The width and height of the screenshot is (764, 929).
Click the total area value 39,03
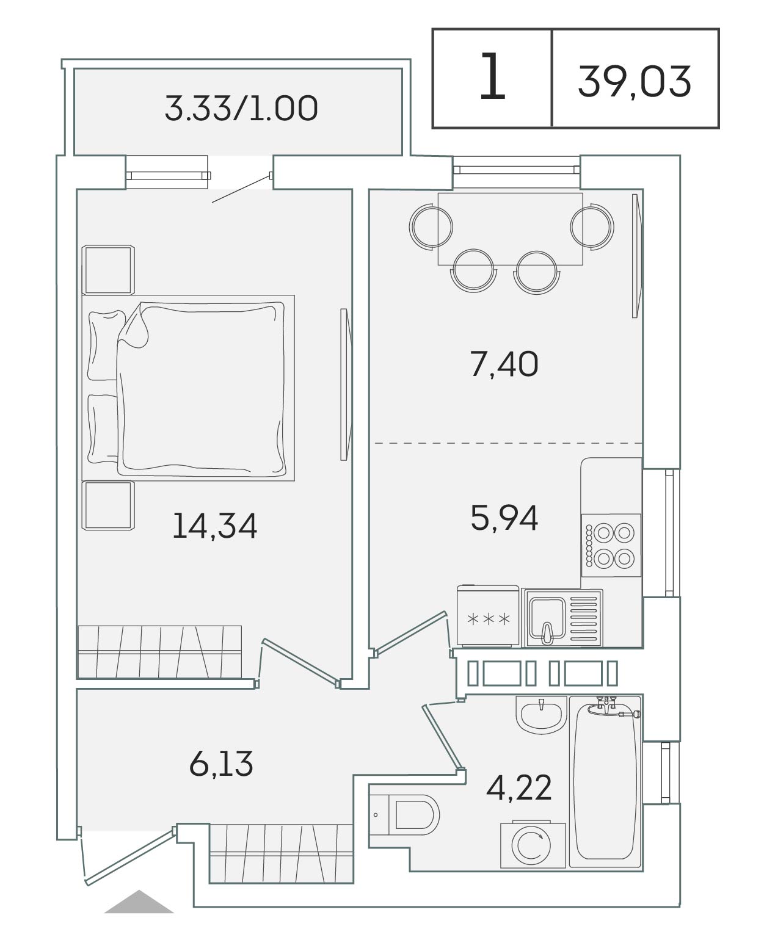634,82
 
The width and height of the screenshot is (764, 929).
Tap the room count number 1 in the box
492,76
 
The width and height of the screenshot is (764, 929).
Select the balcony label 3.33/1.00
241,109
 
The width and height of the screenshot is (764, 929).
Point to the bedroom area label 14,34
214,526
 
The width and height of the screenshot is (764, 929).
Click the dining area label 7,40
504,364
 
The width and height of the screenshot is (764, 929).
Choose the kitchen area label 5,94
504,518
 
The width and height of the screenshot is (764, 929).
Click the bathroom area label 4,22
518,787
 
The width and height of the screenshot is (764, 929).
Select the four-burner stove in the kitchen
611,545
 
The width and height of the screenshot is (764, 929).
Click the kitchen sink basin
547,618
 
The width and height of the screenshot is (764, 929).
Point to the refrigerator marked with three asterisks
488,616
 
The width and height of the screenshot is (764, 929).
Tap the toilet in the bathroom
404,815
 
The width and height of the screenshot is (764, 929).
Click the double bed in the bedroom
188,388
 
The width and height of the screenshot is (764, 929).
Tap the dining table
510,229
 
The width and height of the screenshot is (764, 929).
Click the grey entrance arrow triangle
139,902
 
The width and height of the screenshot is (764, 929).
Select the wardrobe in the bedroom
159,652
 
